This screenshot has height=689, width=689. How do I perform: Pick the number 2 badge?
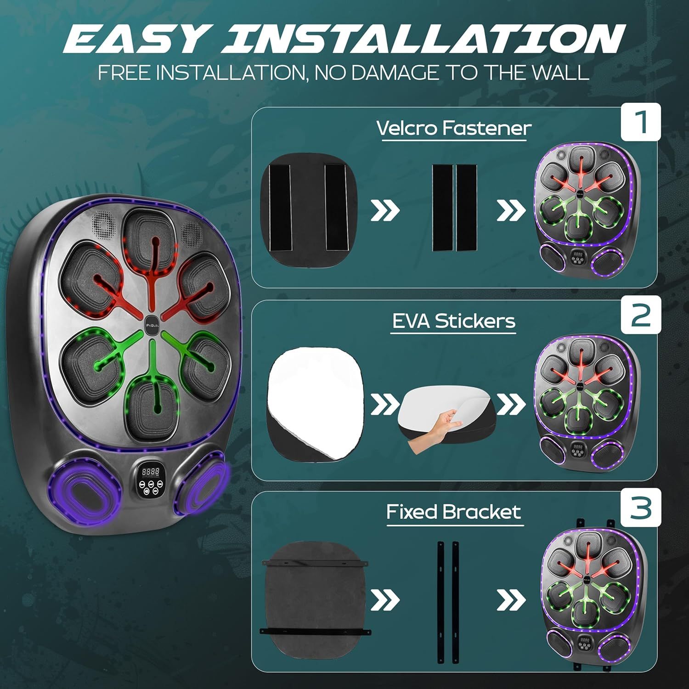641,314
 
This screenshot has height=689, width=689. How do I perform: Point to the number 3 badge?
641,507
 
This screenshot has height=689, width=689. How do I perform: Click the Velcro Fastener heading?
454,128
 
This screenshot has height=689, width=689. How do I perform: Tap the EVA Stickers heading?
453,321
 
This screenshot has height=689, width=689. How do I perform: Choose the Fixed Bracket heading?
453,512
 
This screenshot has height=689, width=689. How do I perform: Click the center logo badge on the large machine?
151,320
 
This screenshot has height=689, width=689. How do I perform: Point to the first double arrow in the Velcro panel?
384,211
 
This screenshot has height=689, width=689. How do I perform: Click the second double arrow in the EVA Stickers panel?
510,404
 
